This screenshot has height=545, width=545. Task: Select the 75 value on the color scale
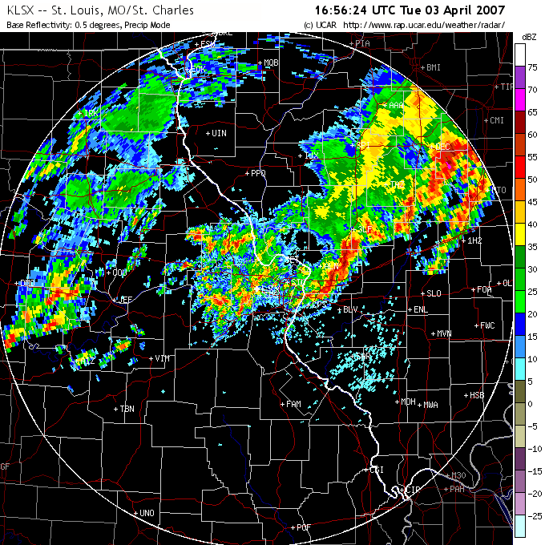coord(531,67)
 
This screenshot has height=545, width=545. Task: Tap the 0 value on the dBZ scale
coord(531,404)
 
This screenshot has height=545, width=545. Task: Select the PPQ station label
coord(257,172)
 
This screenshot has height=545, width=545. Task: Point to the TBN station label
coord(127,409)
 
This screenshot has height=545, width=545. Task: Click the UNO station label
coord(146,513)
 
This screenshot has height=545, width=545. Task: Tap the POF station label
coord(303,527)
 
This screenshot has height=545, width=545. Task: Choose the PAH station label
coord(457,488)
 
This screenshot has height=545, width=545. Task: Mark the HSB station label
coord(477,395)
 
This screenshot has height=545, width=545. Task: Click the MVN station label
coord(444,333)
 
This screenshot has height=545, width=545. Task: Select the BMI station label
coord(434,67)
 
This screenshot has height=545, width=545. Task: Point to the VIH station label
coord(163,357)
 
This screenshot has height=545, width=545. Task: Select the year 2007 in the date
coord(489,10)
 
